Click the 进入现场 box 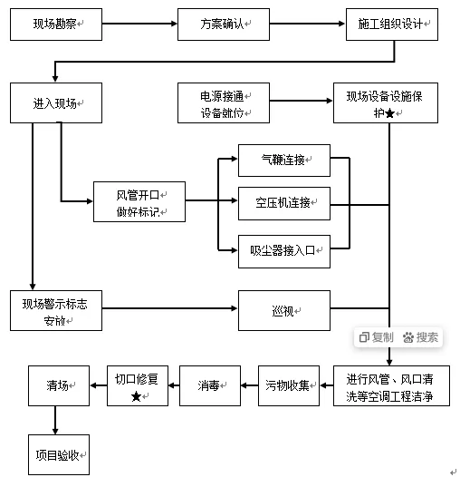(x=55, y=103)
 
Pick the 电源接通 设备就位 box (x=223, y=103)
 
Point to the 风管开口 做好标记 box (x=139, y=202)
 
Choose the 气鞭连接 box (x=283, y=161)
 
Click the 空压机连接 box (x=283, y=202)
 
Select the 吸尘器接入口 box (x=283, y=250)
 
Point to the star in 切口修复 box (x=136, y=396)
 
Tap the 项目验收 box (x=58, y=454)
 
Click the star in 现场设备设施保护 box (x=389, y=113)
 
